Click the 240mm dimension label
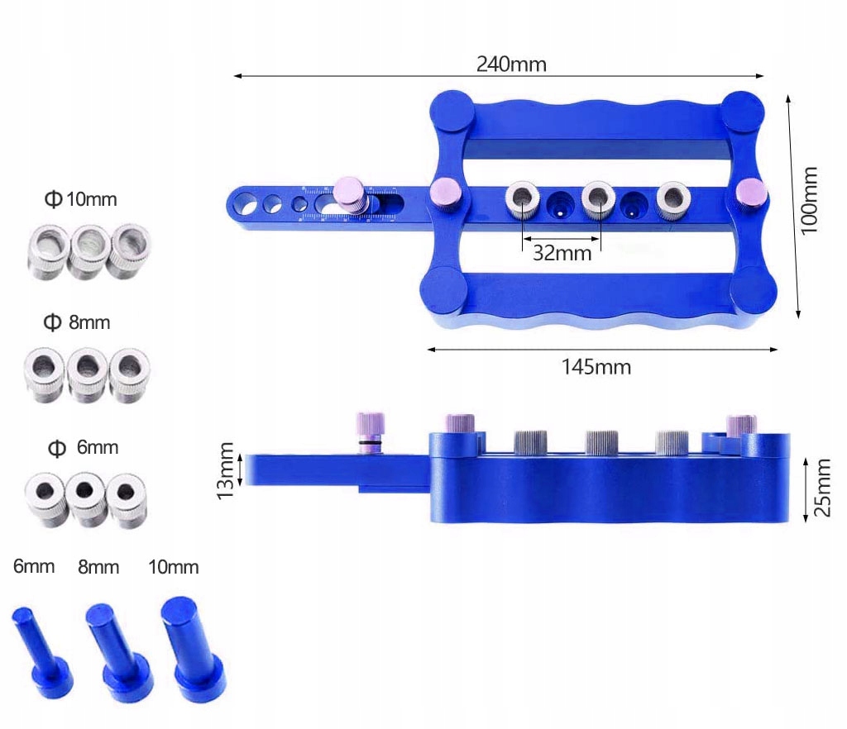[511, 64]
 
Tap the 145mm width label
[596, 367]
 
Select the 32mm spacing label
[562, 253]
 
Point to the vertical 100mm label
[809, 200]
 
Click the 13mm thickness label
[225, 470]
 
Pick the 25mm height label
[821, 488]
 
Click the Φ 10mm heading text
[80, 199]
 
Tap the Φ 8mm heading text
[77, 322]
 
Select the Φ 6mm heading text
[84, 447]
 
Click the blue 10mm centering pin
[192, 648]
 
